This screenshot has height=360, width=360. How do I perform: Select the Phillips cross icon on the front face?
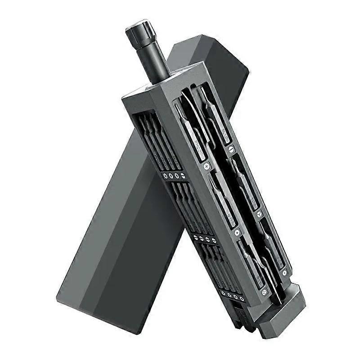click(207, 166)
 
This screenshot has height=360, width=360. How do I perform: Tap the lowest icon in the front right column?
click(284, 272)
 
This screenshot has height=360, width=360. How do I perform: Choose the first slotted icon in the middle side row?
click(196, 237)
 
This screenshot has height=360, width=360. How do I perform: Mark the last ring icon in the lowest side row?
click(242, 299)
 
